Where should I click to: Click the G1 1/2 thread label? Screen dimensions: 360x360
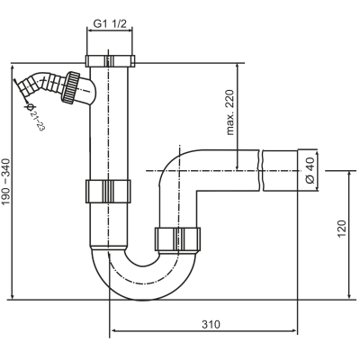(110, 23)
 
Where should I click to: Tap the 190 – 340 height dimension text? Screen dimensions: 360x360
(6, 182)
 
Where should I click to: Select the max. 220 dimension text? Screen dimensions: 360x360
(230, 112)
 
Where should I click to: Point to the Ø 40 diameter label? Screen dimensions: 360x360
(310, 170)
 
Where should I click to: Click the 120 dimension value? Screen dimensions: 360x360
(342, 229)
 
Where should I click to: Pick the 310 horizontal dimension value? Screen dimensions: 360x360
(211, 324)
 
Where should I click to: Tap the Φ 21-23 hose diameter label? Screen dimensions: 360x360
(35, 117)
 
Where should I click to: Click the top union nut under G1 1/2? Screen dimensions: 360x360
(110, 61)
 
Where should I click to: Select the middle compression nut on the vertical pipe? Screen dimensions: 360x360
(108, 191)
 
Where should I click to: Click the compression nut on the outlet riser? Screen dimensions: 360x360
(177, 239)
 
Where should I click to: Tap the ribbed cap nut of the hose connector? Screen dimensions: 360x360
(70, 87)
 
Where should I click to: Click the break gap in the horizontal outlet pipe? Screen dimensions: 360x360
(261, 170)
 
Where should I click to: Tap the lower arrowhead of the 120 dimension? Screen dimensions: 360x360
(350, 295)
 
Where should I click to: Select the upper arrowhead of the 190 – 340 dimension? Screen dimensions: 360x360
(13, 68)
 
